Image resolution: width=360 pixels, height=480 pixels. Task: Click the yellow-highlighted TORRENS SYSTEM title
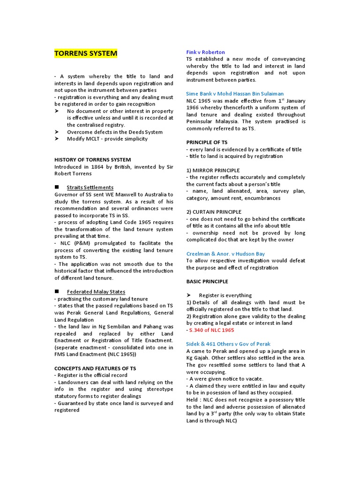(x=86, y=53)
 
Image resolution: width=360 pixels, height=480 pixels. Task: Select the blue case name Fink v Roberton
(x=205, y=52)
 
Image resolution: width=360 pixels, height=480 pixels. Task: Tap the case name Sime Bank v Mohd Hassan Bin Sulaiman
(x=234, y=94)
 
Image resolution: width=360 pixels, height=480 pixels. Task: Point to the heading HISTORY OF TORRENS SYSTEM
(x=92, y=160)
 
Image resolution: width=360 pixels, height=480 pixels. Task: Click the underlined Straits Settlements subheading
(x=90, y=187)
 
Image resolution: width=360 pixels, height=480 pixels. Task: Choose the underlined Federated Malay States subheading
(x=96, y=292)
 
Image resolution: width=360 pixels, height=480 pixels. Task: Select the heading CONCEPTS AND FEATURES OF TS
(x=95, y=368)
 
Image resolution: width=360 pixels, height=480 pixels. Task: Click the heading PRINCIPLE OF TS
(x=207, y=142)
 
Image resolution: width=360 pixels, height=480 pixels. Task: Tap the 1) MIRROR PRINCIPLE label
(x=213, y=170)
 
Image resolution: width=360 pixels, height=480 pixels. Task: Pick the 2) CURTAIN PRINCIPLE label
(x=214, y=212)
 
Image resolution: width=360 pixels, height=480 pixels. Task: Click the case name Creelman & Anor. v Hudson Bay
(x=225, y=254)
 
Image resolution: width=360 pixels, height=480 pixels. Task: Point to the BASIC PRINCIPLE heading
(x=207, y=282)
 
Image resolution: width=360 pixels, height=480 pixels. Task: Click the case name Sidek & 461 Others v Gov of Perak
(x=228, y=344)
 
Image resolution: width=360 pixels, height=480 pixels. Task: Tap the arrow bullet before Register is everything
(x=189, y=295)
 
